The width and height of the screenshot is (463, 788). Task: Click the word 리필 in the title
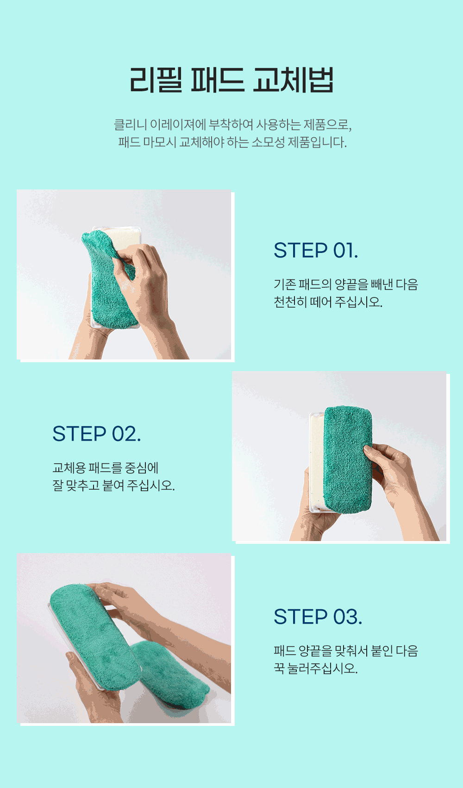tap(156, 80)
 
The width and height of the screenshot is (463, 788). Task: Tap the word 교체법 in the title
tap(293, 80)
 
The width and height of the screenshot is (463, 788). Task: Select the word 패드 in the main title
tap(217, 80)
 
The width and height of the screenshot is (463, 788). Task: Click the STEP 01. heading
tap(316, 250)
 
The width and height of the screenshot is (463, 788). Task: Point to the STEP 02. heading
tap(97, 434)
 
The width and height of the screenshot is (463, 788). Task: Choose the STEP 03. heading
tap(318, 617)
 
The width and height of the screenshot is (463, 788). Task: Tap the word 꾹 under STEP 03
tap(279, 668)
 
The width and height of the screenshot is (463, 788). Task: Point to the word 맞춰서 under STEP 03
tap(351, 651)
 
